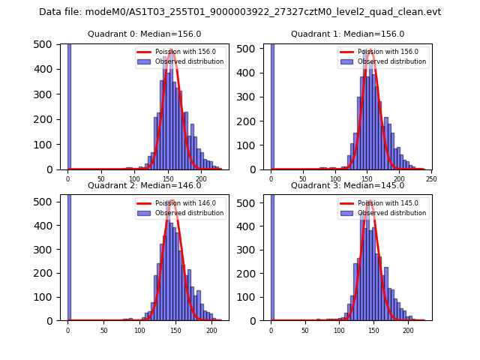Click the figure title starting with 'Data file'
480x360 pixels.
coord(240,12)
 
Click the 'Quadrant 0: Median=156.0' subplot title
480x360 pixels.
coord(145,34)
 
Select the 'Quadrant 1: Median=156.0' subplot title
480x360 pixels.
coord(347,34)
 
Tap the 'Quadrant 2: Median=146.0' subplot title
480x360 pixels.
coord(145,185)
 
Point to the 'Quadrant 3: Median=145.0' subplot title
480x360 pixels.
coord(347,185)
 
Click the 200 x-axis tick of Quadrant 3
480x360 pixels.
coord(408,331)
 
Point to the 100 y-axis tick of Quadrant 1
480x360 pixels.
coord(253,145)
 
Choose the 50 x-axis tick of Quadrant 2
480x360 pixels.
coord(103,331)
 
